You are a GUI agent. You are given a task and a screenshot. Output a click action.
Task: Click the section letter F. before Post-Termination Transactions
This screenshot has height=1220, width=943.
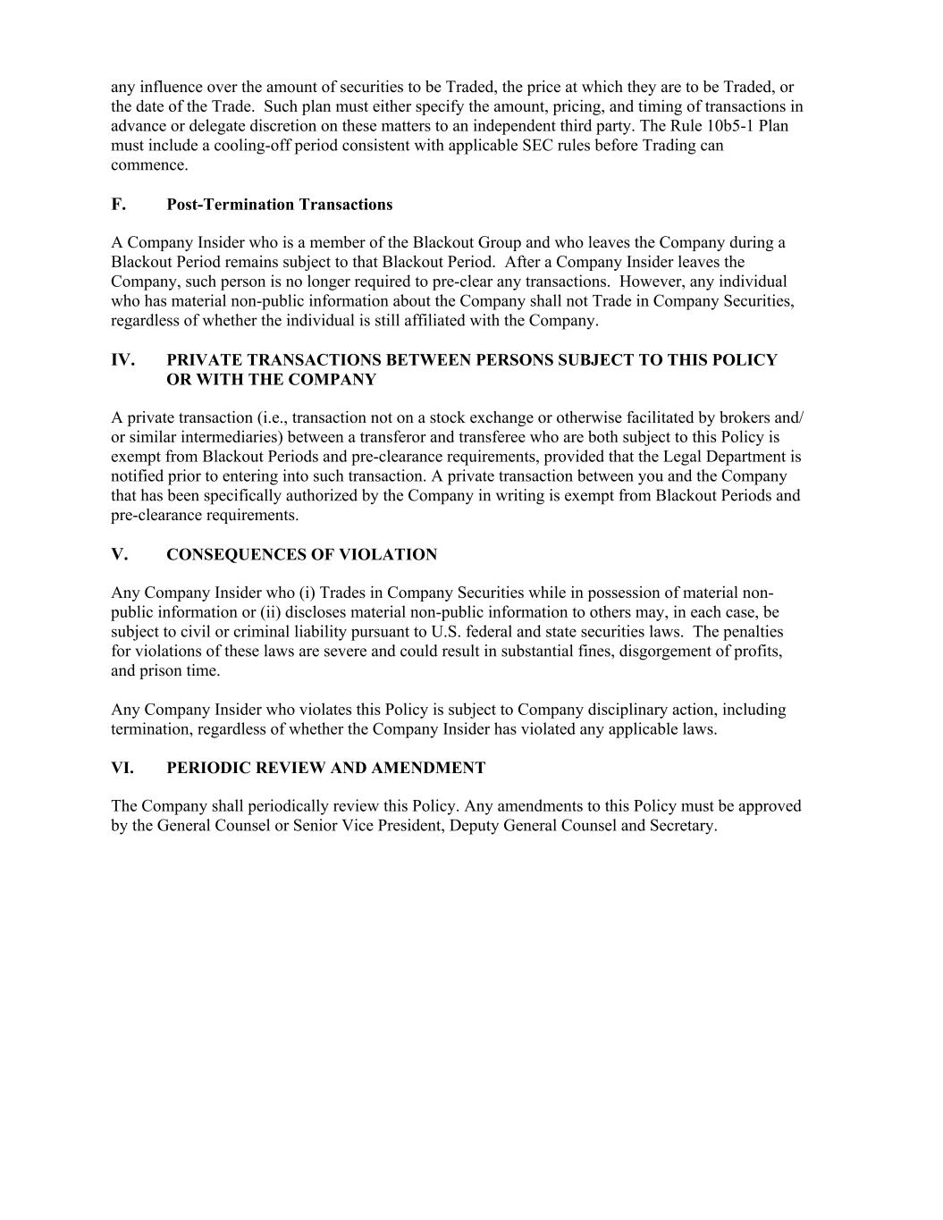coord(118,205)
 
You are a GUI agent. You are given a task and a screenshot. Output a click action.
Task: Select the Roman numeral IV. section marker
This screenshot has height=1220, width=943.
coord(122,360)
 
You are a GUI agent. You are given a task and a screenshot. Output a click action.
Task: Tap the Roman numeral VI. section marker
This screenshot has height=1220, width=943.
coord(122,768)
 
